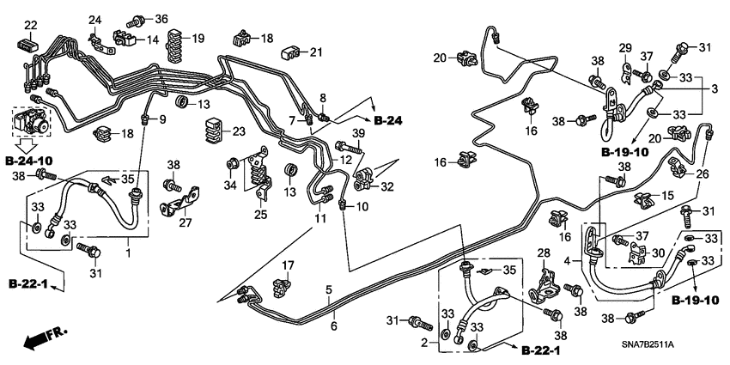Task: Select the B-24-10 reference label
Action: (29, 160)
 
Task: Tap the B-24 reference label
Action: (388, 119)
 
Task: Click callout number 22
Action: (30, 24)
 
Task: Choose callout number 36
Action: (161, 19)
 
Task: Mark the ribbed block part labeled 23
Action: (212, 134)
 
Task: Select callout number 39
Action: (358, 133)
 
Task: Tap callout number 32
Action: (388, 186)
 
